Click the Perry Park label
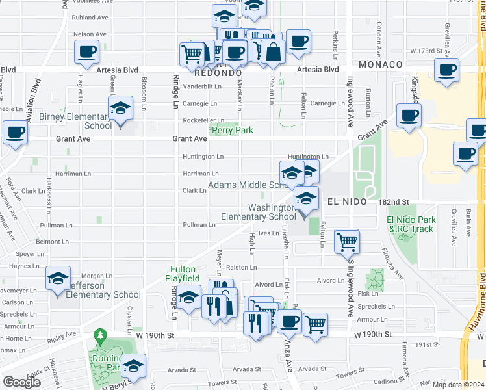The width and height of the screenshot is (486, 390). [x=232, y=130]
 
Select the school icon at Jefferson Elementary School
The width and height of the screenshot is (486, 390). [x=58, y=280]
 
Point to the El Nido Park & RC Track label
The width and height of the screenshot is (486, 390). [x=410, y=224]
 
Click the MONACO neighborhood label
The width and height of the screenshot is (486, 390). [x=381, y=65]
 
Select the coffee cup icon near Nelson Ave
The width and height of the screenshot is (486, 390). [x=86, y=52]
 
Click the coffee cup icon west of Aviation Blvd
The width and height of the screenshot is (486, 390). [x=16, y=133]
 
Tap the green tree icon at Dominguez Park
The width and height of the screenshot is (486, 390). [x=99, y=337]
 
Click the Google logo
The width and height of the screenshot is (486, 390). [x=21, y=382]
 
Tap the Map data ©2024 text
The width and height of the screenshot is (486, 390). [x=459, y=385]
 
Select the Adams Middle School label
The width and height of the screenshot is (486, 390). [x=248, y=185]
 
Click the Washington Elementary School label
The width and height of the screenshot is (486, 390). [x=259, y=212]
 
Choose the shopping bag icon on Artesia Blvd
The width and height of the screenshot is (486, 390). [x=274, y=52]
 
